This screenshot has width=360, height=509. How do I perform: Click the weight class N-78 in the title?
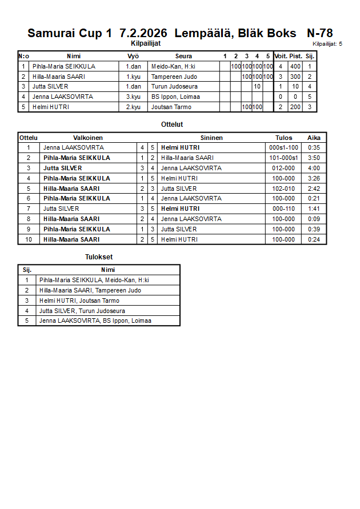[x=319, y=33]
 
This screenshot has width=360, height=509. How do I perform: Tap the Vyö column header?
[x=133, y=56]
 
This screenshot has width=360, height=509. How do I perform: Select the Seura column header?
[x=183, y=56]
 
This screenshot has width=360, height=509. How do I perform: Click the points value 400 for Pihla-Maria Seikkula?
[x=295, y=66]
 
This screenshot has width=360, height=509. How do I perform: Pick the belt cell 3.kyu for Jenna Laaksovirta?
[x=133, y=97]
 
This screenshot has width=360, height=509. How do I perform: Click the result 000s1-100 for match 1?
[x=283, y=147]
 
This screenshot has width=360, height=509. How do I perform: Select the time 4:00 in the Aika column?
[x=314, y=168]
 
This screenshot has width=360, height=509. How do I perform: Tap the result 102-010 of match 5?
[x=283, y=189]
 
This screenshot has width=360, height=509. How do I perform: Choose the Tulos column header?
[x=283, y=138]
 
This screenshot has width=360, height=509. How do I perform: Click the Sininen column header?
[x=211, y=138]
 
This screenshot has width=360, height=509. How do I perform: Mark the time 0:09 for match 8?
[x=314, y=219]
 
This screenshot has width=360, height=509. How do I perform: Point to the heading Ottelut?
[x=172, y=124]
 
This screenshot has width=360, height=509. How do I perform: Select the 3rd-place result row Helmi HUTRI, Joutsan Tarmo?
[x=79, y=300]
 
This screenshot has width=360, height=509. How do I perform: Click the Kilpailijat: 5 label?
[x=327, y=43]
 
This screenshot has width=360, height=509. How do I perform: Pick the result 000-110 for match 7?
[x=283, y=209]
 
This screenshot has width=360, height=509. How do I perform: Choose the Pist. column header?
[x=295, y=56]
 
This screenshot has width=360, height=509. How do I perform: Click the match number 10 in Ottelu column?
[x=28, y=239]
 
